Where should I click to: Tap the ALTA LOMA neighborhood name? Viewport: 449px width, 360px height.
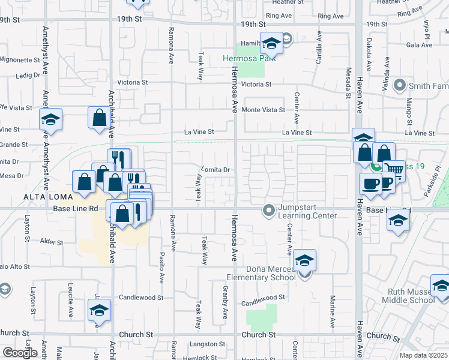[x=47, y=197]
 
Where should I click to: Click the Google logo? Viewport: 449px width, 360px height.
[x=20, y=352]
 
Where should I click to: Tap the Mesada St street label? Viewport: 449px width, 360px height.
[x=348, y=82]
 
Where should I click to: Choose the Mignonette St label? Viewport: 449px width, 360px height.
[x=19, y=60]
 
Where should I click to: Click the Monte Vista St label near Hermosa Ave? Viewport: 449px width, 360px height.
[x=263, y=110]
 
